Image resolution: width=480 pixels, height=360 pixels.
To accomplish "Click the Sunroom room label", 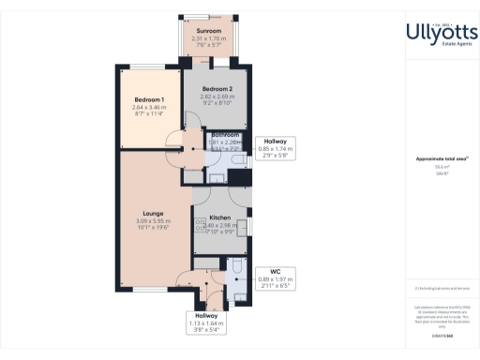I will (x=207, y=32).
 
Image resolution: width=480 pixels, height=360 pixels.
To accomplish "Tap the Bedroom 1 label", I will (x=149, y=100).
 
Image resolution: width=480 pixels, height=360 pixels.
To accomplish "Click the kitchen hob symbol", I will (x=200, y=222).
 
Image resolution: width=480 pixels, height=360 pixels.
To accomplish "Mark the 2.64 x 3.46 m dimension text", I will (x=149, y=109).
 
